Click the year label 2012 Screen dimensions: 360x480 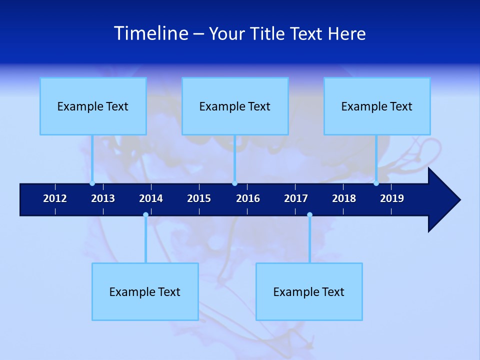pyautogui.click(x=55, y=198)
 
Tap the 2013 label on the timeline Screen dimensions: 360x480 pyautogui.click(x=103, y=198)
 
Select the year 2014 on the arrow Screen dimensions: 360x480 pyautogui.click(x=151, y=198)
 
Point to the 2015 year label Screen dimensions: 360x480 pyautogui.click(x=199, y=198)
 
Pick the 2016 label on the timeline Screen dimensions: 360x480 pyautogui.click(x=248, y=198)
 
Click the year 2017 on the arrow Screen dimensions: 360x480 pyautogui.click(x=296, y=198)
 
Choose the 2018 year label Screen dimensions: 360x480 pyautogui.click(x=344, y=198)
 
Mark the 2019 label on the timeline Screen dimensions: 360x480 pyautogui.click(x=392, y=198)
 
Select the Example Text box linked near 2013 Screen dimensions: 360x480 pyautogui.click(x=93, y=106)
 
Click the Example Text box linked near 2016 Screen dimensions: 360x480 pyautogui.click(x=235, y=106)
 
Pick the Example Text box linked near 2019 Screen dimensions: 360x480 pyautogui.click(x=377, y=106)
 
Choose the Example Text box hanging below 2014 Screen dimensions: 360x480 pyautogui.click(x=145, y=291)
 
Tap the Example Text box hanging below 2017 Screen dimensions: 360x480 pyautogui.click(x=309, y=291)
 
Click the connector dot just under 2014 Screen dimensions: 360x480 pyautogui.click(x=145, y=215)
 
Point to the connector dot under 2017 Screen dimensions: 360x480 pyautogui.click(x=309, y=215)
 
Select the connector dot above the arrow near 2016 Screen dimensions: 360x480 pyautogui.click(x=234, y=183)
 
